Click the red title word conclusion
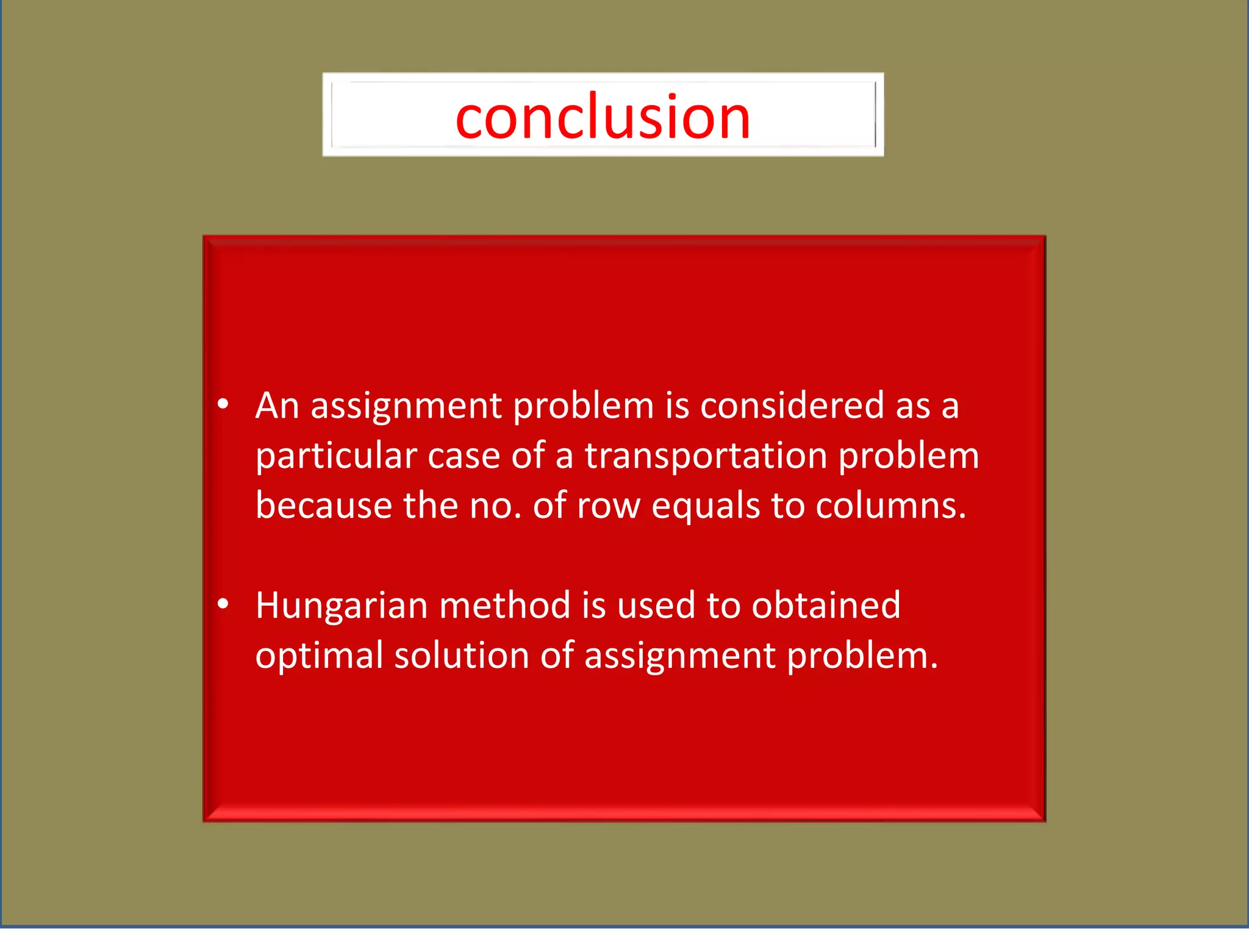tap(603, 117)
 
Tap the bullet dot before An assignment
tap(223, 404)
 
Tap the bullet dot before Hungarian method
tap(223, 604)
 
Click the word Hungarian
tap(342, 606)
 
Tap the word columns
tap(890, 506)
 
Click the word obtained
tap(826, 606)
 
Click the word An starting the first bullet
tap(277, 406)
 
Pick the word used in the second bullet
tap(656, 606)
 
